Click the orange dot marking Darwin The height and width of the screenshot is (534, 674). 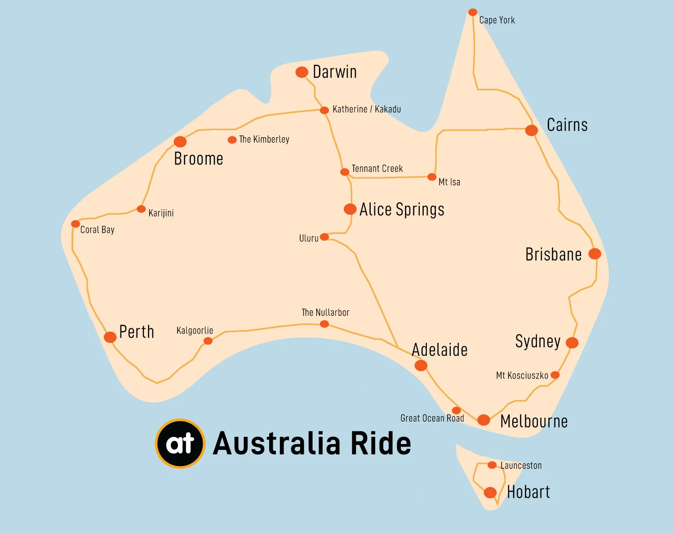click(x=302, y=72)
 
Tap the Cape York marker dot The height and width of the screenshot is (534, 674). click(x=472, y=12)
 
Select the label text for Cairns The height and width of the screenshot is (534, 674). click(x=567, y=125)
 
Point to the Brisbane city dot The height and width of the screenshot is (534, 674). click(x=594, y=254)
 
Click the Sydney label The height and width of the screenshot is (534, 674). click(x=538, y=341)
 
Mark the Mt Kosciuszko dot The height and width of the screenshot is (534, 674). click(x=555, y=375)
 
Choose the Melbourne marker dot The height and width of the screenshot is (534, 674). click(x=483, y=420)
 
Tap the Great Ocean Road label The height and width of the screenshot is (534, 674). click(x=432, y=418)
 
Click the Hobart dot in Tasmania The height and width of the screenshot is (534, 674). click(x=490, y=492)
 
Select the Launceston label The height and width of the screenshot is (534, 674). click(x=521, y=466)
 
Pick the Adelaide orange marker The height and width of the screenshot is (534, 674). click(x=421, y=365)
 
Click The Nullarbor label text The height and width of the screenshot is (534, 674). click(x=325, y=313)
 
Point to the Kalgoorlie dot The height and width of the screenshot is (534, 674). click(x=208, y=341)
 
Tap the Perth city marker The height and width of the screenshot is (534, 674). click(x=110, y=337)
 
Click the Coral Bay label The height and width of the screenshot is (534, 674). click(x=97, y=230)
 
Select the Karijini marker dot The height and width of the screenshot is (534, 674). click(x=141, y=209)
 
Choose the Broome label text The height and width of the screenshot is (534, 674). click(x=199, y=159)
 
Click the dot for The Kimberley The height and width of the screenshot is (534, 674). click(x=232, y=140)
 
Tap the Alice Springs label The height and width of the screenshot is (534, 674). click(x=402, y=210)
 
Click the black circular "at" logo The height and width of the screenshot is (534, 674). click(x=180, y=444)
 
